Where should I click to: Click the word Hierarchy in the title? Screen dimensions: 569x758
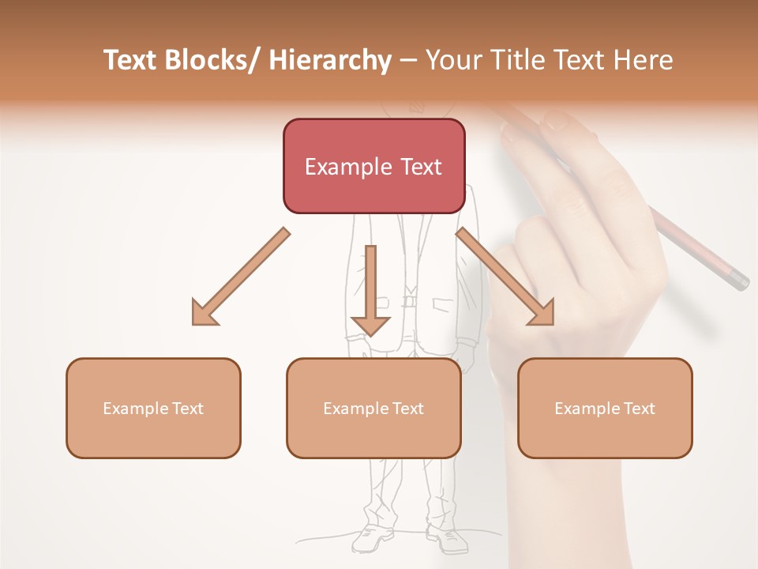(330, 61)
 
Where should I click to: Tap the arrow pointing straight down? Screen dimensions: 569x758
(370, 292)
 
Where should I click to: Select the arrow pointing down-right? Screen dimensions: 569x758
(505, 277)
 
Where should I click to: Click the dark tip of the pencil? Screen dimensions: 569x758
(740, 281)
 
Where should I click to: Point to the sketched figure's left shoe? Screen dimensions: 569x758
(372, 539)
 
